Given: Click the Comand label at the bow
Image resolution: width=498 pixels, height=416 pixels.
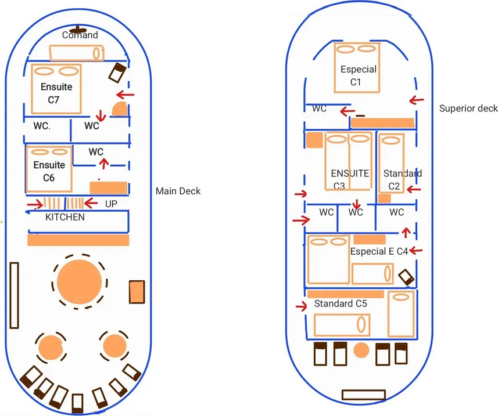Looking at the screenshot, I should click(x=80, y=35).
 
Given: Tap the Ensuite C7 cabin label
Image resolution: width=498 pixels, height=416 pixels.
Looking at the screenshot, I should click(x=56, y=93).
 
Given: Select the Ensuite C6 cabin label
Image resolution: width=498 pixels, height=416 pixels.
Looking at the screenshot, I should click(x=49, y=172).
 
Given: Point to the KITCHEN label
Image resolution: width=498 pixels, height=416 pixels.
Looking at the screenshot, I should click(x=65, y=217).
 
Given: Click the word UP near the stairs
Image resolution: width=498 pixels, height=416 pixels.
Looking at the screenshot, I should click(x=111, y=204).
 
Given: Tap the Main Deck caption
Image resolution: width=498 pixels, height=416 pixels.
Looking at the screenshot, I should click(x=178, y=191).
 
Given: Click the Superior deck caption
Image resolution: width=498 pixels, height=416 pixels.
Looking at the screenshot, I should click(x=468, y=108).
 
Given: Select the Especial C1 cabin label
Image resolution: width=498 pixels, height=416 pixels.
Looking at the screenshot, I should click(x=358, y=75).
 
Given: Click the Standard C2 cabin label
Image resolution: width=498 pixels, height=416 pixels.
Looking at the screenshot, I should click(x=401, y=179).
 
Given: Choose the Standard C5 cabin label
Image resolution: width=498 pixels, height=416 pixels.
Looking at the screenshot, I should click(x=341, y=303).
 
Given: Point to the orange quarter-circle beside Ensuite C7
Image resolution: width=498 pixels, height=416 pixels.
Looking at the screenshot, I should click(x=120, y=109).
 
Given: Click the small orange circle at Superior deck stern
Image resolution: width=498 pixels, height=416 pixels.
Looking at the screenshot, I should click(x=361, y=350).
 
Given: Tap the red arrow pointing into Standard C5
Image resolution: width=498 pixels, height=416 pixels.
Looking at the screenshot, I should click(x=301, y=306).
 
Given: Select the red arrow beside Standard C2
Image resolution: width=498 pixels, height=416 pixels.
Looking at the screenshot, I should click(x=413, y=189).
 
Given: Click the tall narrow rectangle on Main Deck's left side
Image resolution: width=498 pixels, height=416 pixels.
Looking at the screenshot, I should click(x=15, y=295).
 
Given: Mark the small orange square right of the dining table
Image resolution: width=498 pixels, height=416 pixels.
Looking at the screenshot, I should click(x=137, y=292).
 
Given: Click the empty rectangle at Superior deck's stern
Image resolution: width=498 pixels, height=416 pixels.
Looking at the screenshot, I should click(x=363, y=395).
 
